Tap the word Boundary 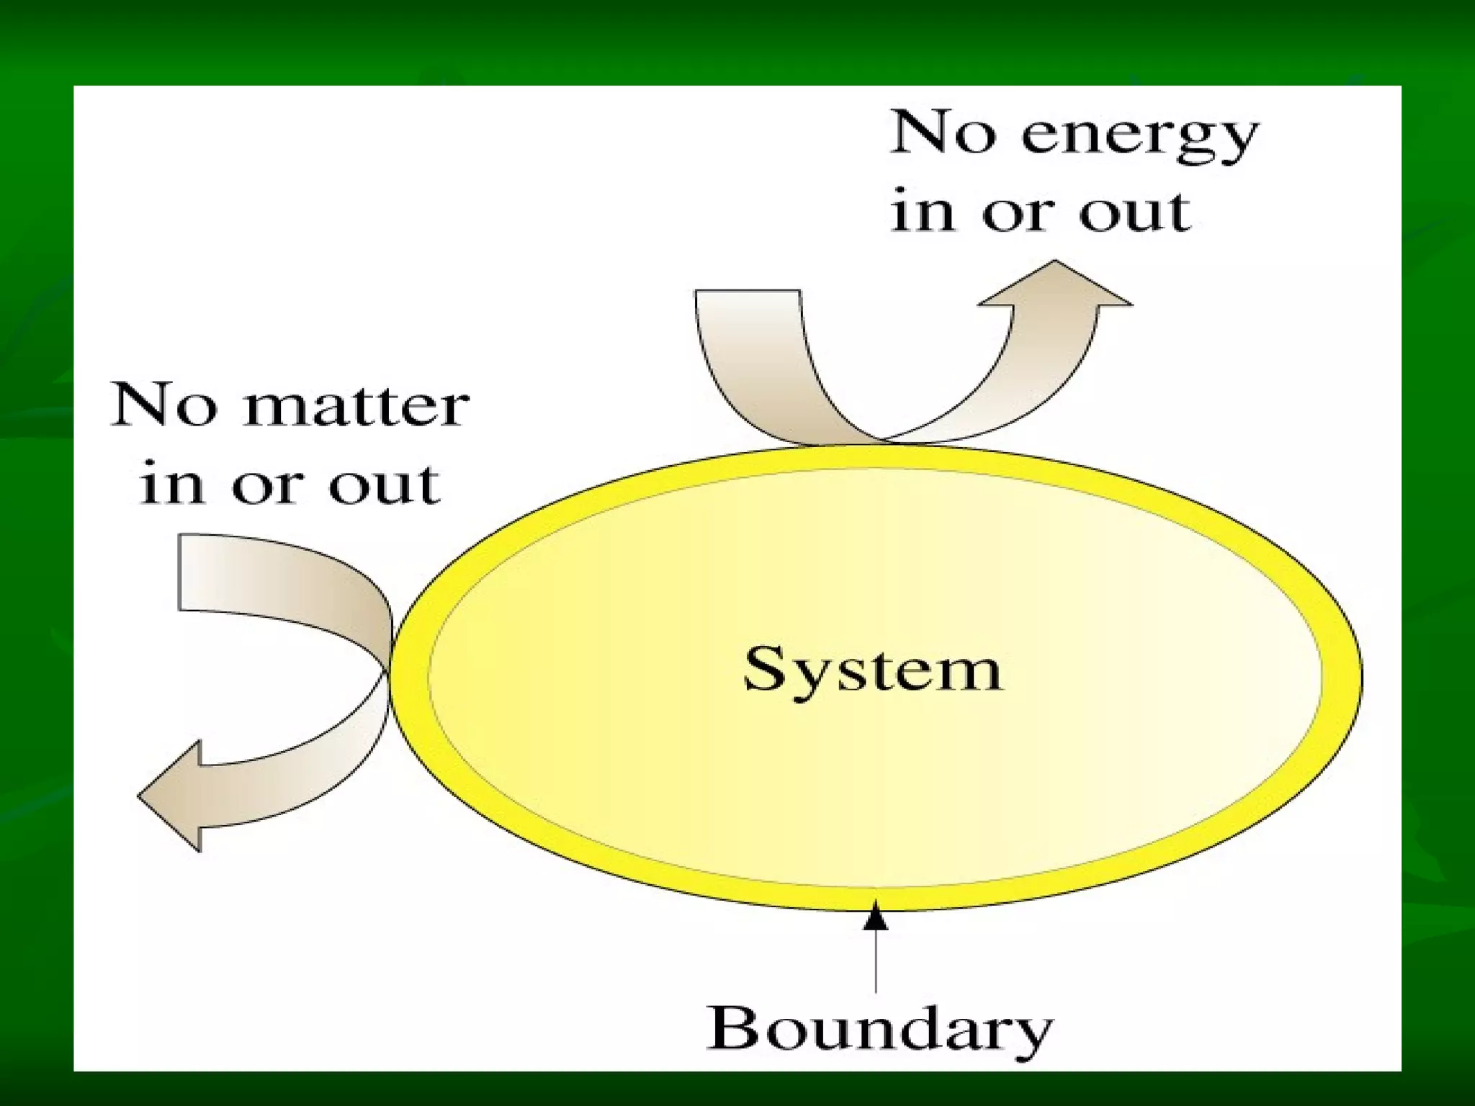[x=879, y=1030]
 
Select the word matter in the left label [x=357, y=406]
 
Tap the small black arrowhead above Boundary [x=876, y=916]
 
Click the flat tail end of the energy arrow [x=748, y=292]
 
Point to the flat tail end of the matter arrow [x=180, y=572]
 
